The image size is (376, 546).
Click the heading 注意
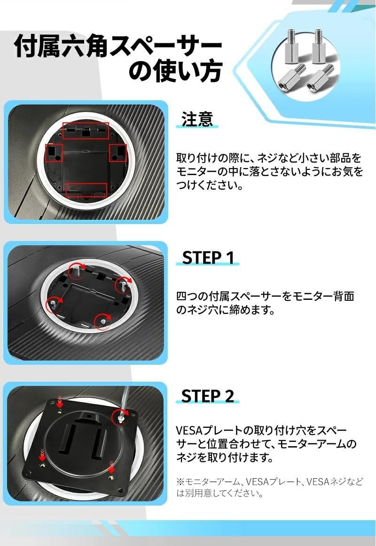click(197, 119)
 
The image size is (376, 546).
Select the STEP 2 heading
click(207, 396)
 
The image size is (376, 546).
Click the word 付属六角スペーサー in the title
click(117, 47)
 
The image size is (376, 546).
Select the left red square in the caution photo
click(53, 153)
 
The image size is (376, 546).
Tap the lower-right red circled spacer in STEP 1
click(102, 321)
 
